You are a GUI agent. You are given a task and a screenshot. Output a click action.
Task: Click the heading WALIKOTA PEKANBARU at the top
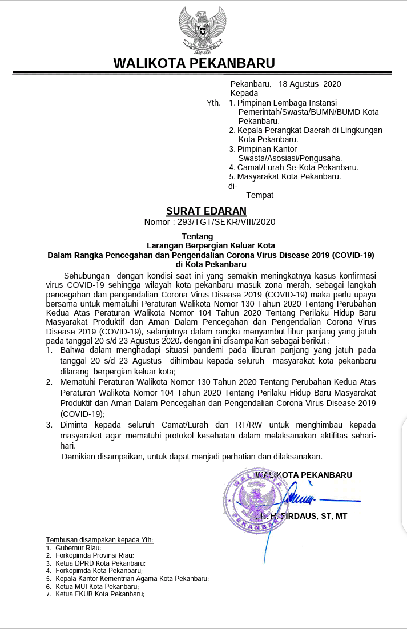tap(194, 63)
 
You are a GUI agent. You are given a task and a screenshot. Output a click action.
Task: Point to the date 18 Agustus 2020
tap(309, 84)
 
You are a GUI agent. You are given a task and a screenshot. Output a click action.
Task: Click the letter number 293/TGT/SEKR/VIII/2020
tap(227, 222)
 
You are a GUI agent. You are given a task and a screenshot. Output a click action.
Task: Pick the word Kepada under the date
tap(244, 93)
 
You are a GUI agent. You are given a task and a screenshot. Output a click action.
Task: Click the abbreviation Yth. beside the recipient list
tap(214, 103)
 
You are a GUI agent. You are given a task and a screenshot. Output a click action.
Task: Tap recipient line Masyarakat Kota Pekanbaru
tap(289, 176)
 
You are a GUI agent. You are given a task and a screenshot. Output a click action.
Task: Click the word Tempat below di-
tap(260, 195)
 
